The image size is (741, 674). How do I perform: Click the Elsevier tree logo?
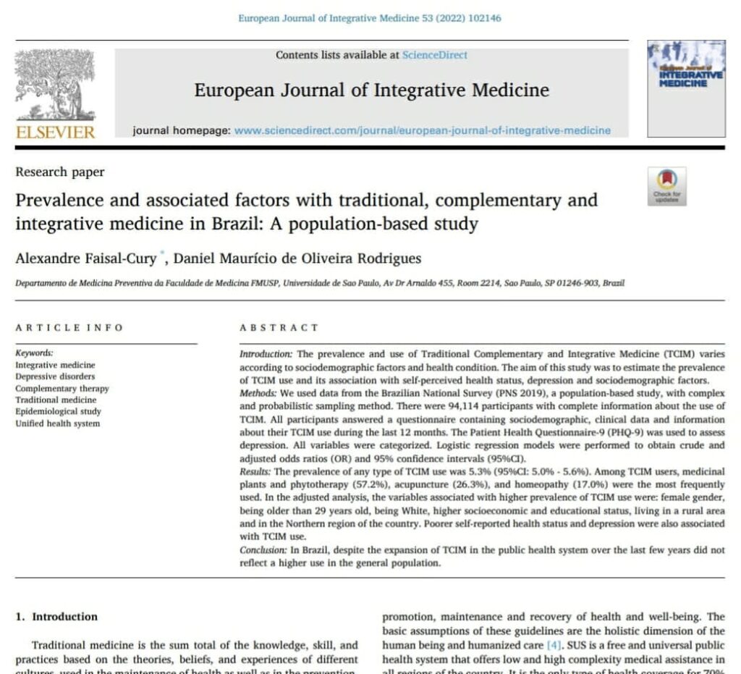tap(55, 86)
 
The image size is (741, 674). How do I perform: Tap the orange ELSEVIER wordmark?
tap(55, 132)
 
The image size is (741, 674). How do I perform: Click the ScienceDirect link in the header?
tap(434, 55)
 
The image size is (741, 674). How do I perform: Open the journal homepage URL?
tap(423, 131)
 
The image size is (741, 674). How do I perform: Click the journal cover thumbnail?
tap(685, 88)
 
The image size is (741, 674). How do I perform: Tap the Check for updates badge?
tap(666, 186)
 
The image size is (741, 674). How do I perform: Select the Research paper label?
tap(60, 172)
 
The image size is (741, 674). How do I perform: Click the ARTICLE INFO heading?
tap(69, 328)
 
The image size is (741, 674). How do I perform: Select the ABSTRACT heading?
tap(279, 328)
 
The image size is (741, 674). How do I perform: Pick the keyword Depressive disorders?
tap(55, 376)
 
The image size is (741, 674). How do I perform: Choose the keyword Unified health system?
tap(58, 424)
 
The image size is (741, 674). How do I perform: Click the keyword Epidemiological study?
tap(59, 411)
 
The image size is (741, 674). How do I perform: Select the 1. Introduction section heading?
tap(56, 617)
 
